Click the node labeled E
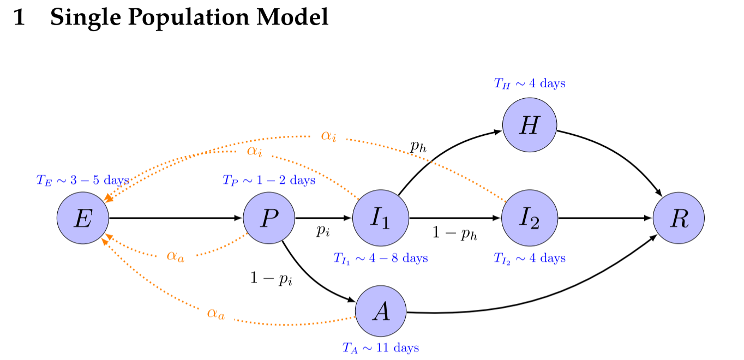pos(83,218)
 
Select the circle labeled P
pos(269,218)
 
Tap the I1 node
pos(381,218)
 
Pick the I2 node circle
pos(529,218)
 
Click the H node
pos(529,126)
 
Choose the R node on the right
pos(679,218)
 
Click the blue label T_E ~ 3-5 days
pos(82,181)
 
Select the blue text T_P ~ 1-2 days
pos(268,180)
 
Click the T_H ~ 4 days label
pos(529,83)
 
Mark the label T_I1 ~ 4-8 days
pos(381,258)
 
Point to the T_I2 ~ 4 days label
pos(529,258)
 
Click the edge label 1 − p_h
pos(455,233)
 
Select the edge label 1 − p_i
pos(271,279)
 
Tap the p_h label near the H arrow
pos(417,146)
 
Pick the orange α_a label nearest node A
pos(215,314)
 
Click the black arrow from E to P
pos(175,218)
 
